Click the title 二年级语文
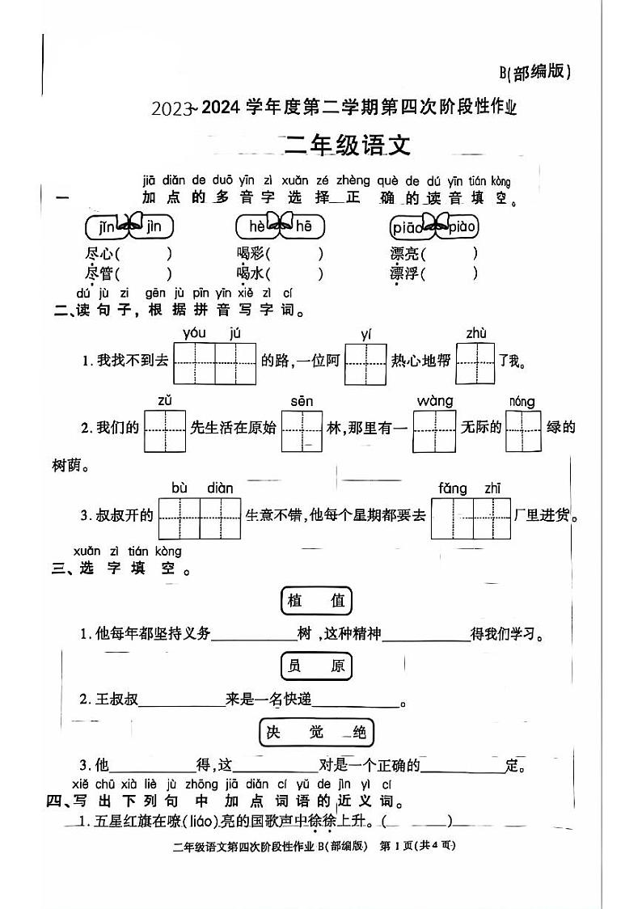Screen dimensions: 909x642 pos(348,145)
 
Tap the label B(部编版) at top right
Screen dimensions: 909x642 pos(534,72)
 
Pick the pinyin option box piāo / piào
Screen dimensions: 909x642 pos(434,226)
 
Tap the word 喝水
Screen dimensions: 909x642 pos(251,273)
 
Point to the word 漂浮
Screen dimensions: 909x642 pos(405,273)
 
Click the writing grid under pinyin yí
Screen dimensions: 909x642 pos(365,363)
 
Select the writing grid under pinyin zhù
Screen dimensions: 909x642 pos(475,363)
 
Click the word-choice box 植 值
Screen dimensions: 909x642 pos(316,600)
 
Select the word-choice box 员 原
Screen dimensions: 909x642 pos(316,666)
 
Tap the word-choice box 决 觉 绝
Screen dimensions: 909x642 pos(316,732)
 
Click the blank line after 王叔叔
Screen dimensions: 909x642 pos(183,700)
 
